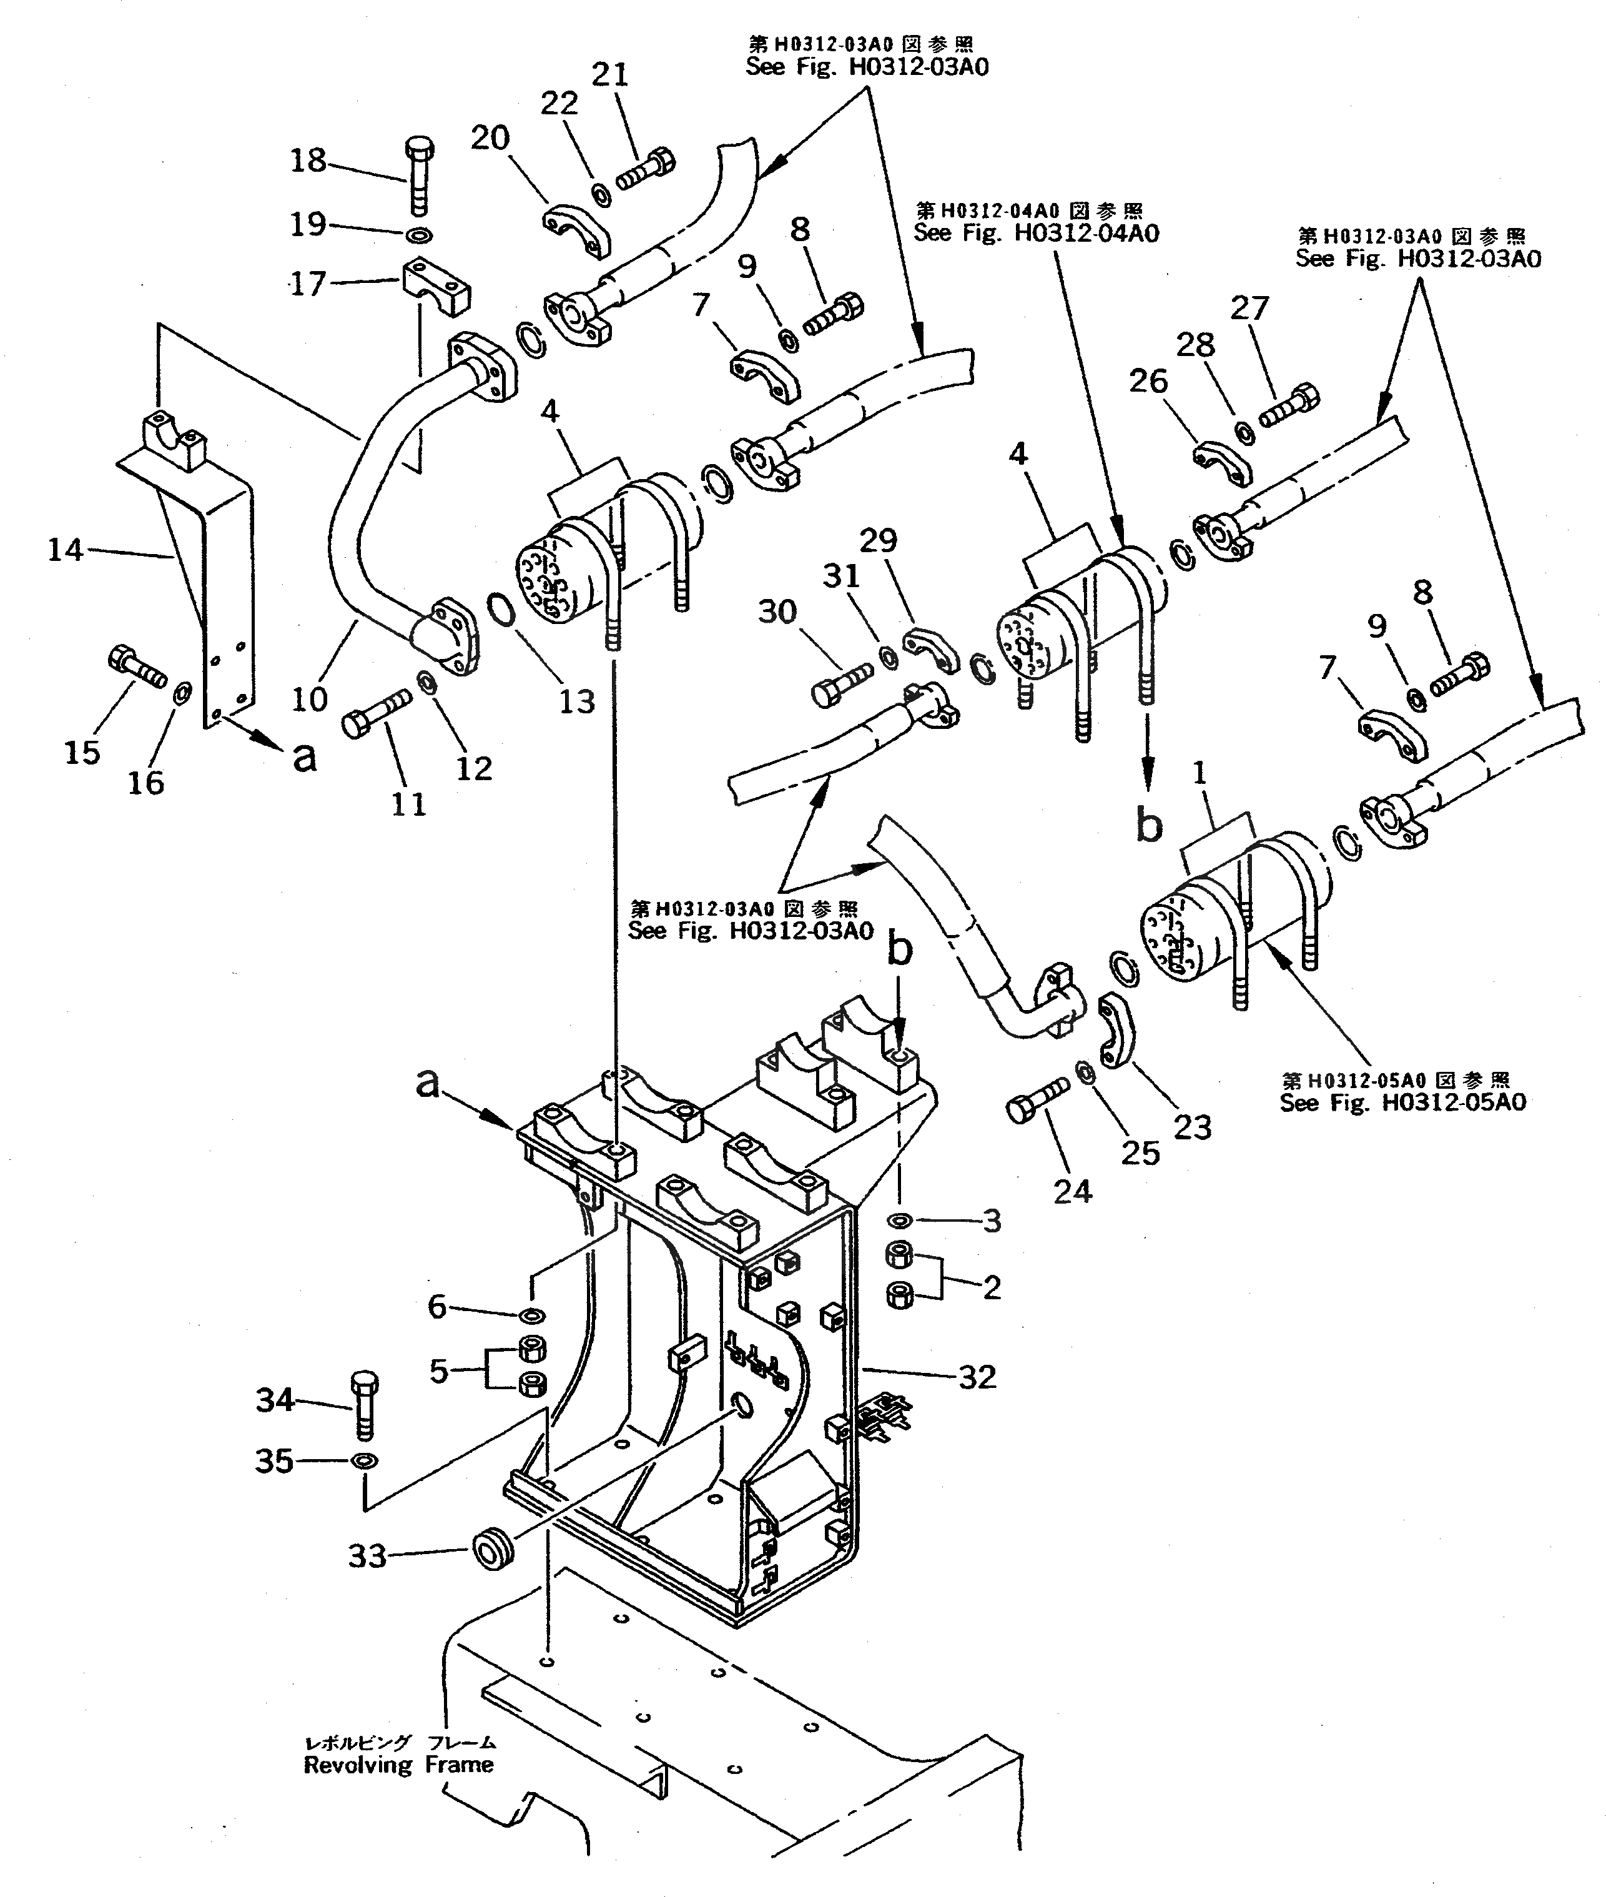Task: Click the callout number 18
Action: click(x=308, y=161)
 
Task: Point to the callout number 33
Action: click(x=368, y=1557)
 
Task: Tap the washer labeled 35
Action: click(x=365, y=1461)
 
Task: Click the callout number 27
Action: click(x=1249, y=308)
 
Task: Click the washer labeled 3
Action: click(x=900, y=1219)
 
